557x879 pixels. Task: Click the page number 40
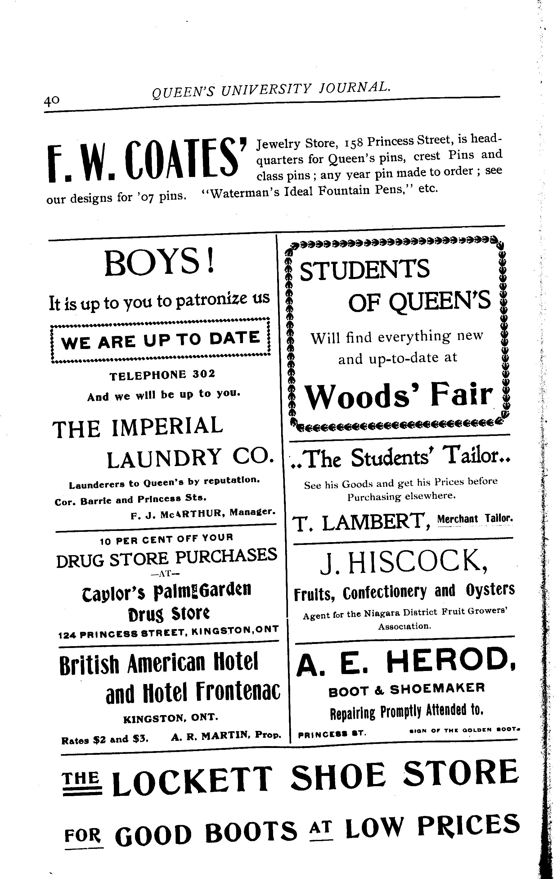coord(52,100)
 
